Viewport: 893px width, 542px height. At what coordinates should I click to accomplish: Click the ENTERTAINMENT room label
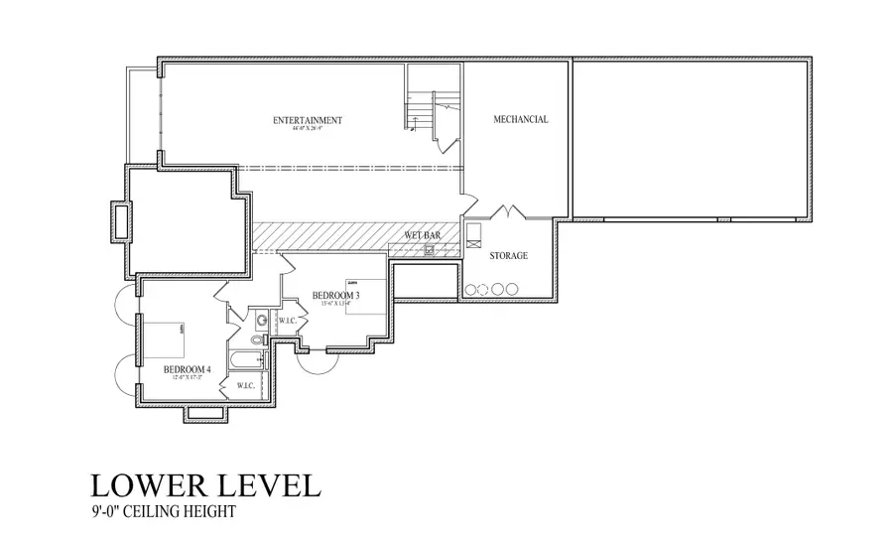(308, 120)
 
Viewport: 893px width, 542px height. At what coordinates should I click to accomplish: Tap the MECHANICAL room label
(521, 119)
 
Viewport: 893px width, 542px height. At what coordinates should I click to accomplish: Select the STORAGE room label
(508, 256)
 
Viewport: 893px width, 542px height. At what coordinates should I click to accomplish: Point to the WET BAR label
(422, 235)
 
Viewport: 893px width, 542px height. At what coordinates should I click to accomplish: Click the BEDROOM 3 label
(335, 295)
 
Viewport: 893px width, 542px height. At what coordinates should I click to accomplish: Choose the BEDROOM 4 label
(188, 370)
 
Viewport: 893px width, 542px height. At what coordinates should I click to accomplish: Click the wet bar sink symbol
(430, 249)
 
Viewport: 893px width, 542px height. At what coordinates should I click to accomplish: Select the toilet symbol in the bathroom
(257, 339)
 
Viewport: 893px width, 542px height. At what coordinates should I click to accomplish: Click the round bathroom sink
(262, 321)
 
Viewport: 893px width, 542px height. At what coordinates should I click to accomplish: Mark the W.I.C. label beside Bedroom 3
(288, 321)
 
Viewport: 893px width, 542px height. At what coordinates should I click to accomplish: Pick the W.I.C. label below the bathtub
(245, 385)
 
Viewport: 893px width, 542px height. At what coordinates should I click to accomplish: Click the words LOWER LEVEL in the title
(205, 485)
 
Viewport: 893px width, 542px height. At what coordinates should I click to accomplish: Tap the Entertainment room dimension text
(308, 129)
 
